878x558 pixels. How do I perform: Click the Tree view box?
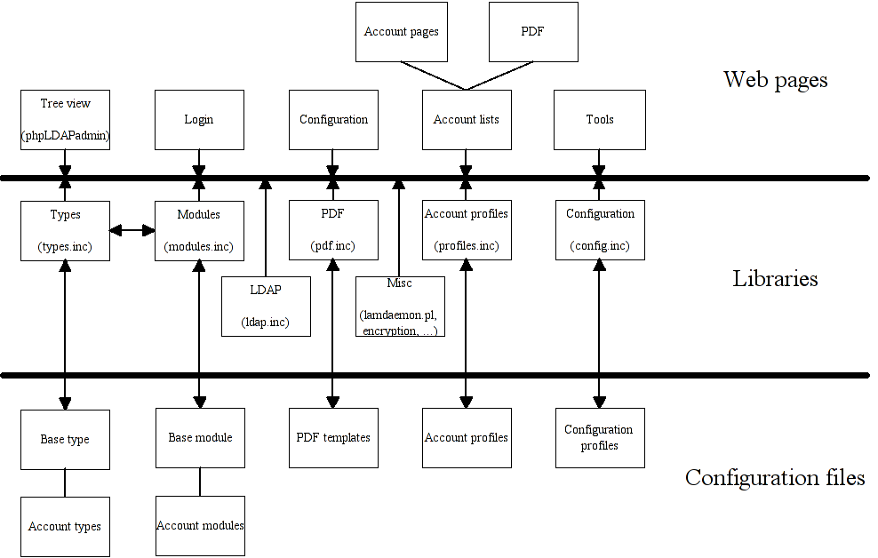point(65,119)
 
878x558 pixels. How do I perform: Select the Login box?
point(199,119)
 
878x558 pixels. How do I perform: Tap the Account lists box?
point(467,119)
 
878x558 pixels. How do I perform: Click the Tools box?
point(600,119)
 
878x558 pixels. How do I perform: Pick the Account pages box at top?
point(401,32)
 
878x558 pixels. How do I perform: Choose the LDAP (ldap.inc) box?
point(266,307)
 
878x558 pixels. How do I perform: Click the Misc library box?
point(400,307)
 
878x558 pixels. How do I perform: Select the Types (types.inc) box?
point(65,230)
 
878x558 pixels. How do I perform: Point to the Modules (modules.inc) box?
point(199,230)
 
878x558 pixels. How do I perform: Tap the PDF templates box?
point(333,438)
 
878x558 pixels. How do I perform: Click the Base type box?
point(65,439)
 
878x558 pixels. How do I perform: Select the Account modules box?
point(200,526)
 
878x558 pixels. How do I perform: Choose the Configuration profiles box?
point(600,438)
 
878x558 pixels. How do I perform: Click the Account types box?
point(65,526)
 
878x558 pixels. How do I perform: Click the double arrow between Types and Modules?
point(132,230)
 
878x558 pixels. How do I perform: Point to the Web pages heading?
point(775,80)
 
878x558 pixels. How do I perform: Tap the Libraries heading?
point(775,279)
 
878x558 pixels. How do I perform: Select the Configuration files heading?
point(775,478)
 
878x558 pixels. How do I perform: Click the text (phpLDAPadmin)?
point(65,136)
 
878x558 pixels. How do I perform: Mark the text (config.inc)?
point(600,246)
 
